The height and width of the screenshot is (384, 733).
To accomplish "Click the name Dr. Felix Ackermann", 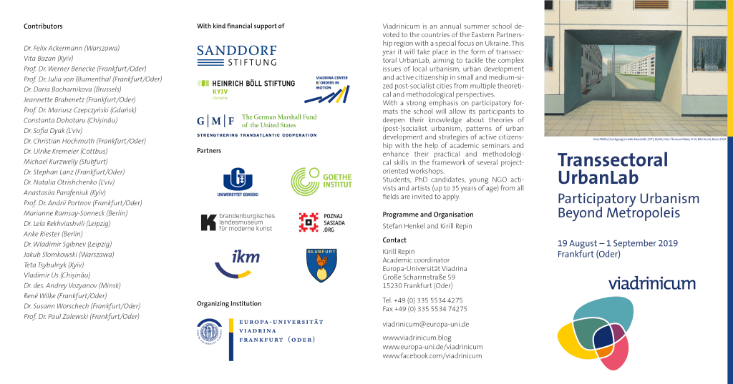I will [72, 48].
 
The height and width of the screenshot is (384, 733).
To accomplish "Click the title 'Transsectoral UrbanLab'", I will [611, 168].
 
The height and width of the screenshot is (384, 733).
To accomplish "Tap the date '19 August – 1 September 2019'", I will [617, 244].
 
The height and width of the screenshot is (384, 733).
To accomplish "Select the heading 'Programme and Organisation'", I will [427, 215].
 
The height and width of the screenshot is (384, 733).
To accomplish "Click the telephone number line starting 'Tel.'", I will [422, 300].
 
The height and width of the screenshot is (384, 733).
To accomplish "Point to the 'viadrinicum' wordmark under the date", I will [651, 283].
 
